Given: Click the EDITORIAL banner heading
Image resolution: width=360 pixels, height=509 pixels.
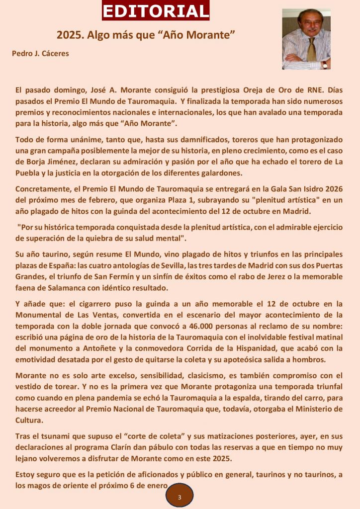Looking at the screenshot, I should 156,10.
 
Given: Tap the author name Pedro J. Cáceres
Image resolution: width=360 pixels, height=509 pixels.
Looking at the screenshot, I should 40,53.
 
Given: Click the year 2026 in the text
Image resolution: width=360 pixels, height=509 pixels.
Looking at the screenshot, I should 332,189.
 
